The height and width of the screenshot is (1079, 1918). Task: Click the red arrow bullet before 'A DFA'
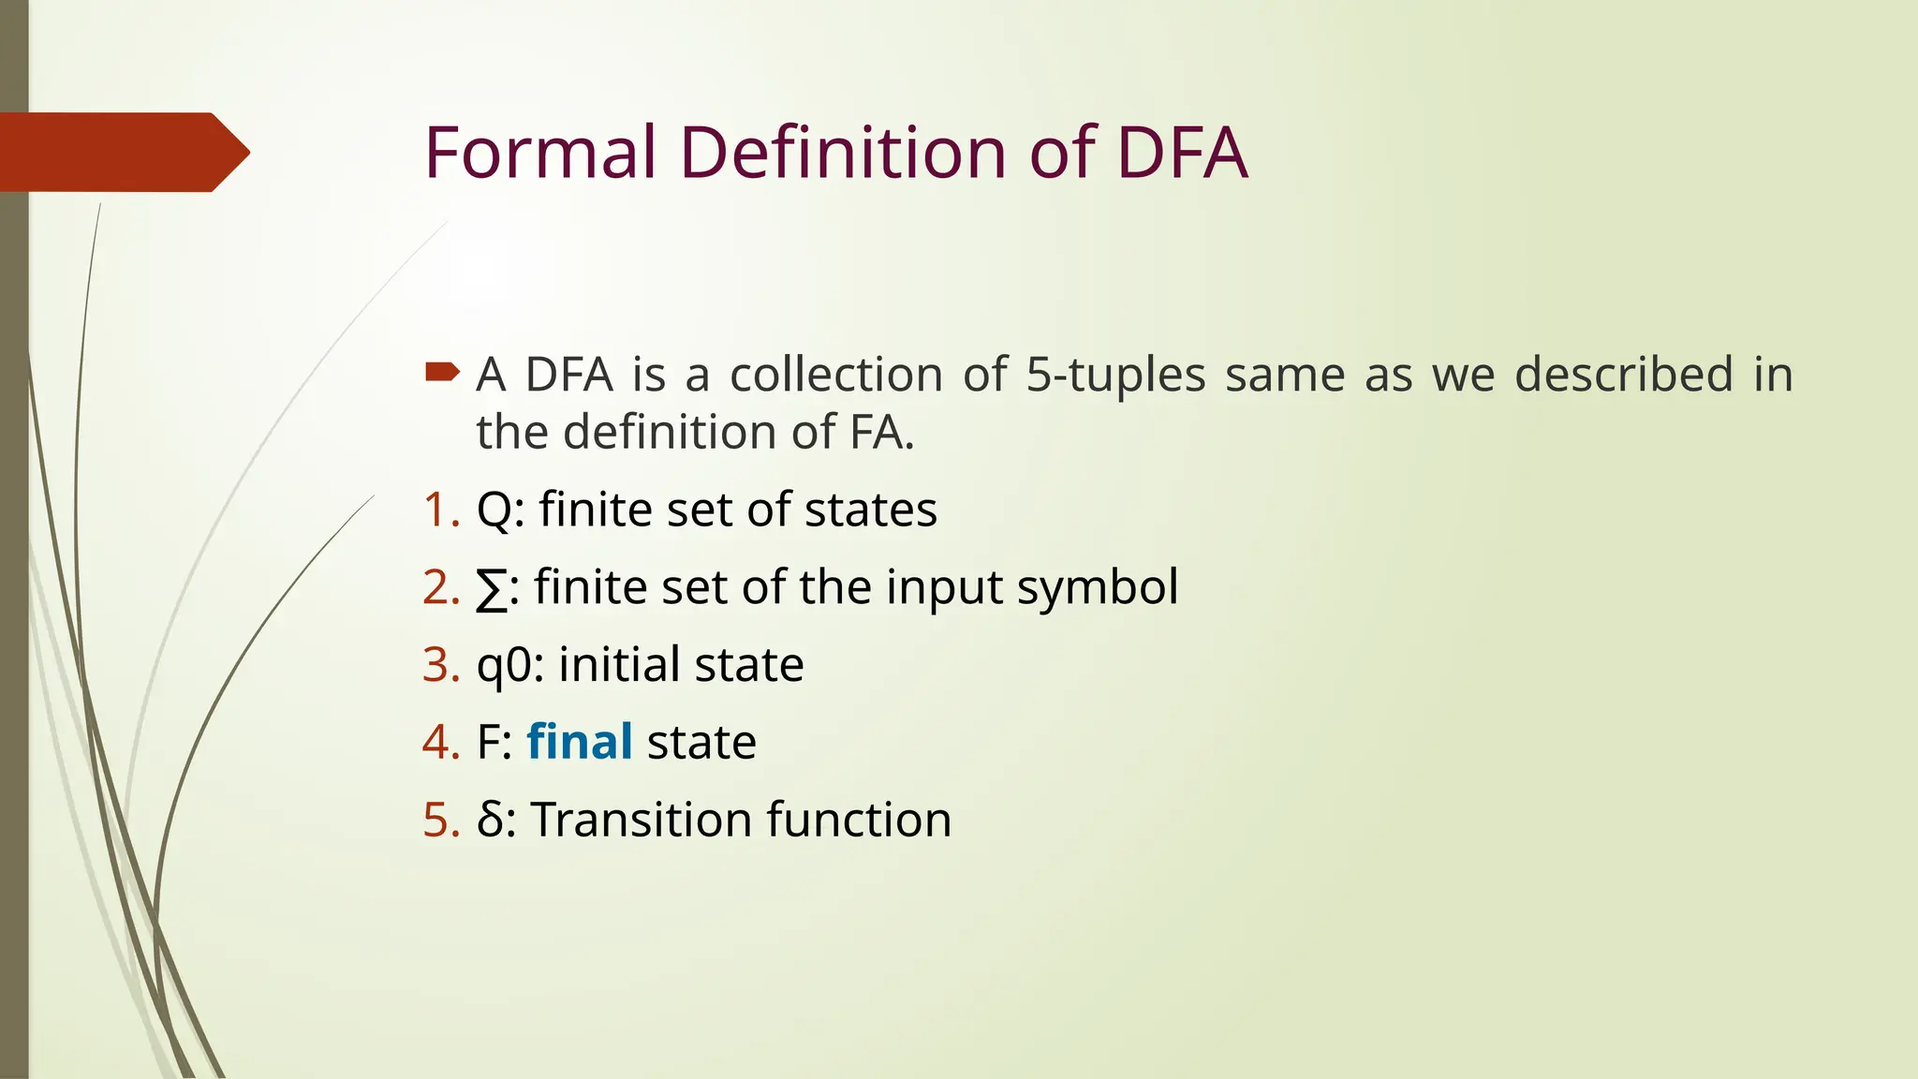click(x=442, y=373)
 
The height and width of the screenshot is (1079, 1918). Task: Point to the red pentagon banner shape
click(x=122, y=152)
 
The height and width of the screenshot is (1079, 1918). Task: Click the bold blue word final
click(x=580, y=742)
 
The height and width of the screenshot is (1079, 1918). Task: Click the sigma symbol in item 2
click(x=492, y=589)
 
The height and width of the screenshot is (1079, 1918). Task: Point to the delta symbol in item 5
click(x=490, y=820)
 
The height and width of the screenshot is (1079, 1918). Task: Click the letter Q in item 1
click(x=493, y=511)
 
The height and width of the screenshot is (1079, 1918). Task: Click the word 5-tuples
click(x=1115, y=375)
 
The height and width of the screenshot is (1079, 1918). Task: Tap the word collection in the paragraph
click(x=835, y=375)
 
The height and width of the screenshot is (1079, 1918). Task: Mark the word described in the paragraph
click(x=1624, y=375)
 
